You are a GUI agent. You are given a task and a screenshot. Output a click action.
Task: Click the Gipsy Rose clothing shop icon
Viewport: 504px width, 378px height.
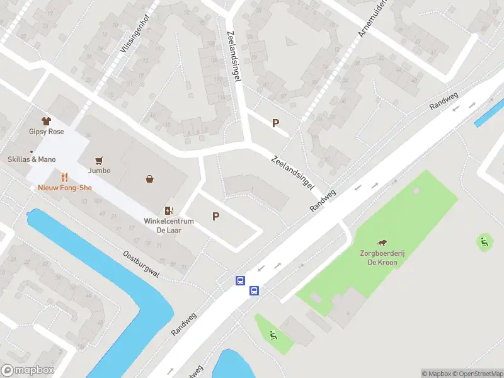46,120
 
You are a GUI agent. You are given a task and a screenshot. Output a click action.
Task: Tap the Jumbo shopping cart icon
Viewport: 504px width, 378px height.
99,161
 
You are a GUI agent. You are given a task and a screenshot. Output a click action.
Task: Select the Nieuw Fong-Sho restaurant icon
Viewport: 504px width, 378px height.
64,178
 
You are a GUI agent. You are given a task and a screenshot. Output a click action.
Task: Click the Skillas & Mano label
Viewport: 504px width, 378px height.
31,159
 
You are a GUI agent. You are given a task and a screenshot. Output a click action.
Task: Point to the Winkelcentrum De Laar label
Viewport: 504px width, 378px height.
168,226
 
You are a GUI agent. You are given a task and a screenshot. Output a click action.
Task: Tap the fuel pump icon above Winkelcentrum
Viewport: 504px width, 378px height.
168,210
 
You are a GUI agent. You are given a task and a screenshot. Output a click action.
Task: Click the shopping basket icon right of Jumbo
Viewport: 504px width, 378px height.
150,179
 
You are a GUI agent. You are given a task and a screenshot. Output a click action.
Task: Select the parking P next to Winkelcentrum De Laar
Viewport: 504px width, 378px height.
215,217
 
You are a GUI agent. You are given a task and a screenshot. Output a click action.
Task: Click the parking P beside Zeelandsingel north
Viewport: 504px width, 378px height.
275,123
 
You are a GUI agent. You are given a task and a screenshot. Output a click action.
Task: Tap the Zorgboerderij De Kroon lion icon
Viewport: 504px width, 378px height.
382,243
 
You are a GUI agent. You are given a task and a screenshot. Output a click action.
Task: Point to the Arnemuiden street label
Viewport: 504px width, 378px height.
372,19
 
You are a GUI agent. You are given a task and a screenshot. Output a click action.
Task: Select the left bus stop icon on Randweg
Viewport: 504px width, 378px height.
240,281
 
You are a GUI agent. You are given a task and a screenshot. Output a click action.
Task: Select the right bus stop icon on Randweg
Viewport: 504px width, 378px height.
254,290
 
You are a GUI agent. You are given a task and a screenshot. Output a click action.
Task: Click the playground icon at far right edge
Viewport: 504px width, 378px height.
484,240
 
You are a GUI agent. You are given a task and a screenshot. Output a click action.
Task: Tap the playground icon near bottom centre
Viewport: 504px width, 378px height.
273,335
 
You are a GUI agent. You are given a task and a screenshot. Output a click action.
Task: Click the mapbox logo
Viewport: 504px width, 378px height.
28,370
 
